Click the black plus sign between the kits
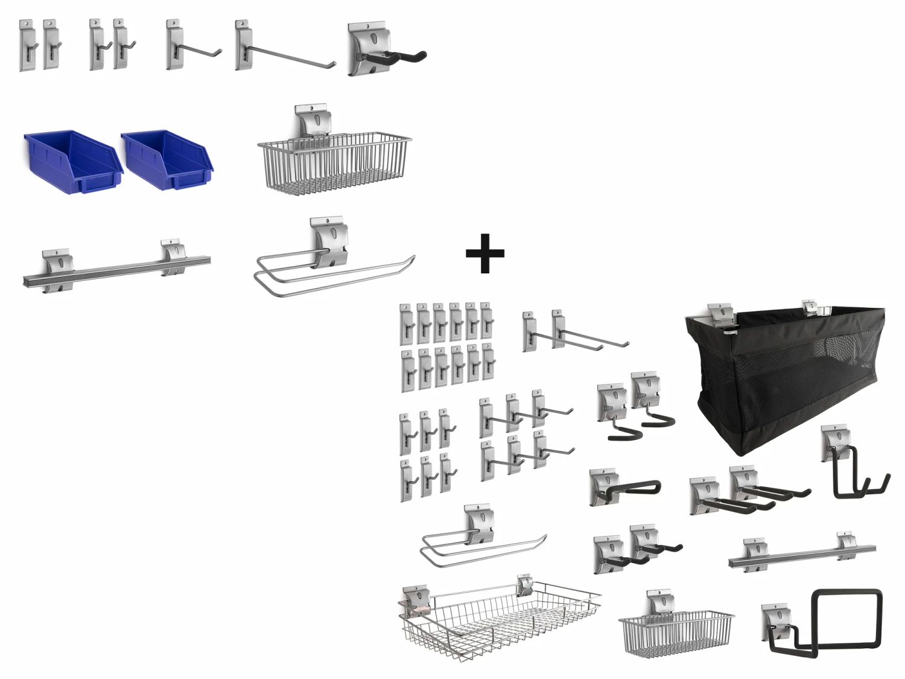(484, 253)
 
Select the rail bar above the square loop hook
(796, 555)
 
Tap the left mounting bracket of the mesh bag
(720, 313)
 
